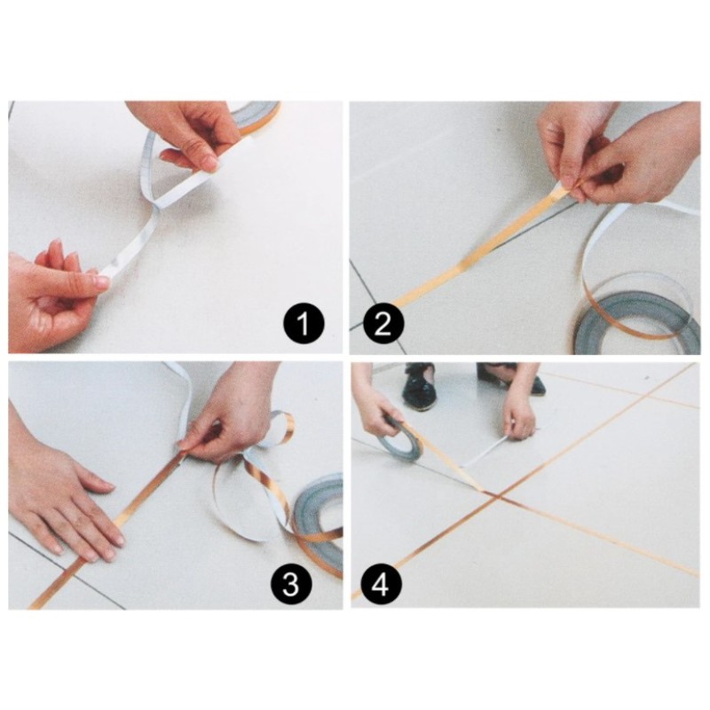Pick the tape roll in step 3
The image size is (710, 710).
pos(319,524)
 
